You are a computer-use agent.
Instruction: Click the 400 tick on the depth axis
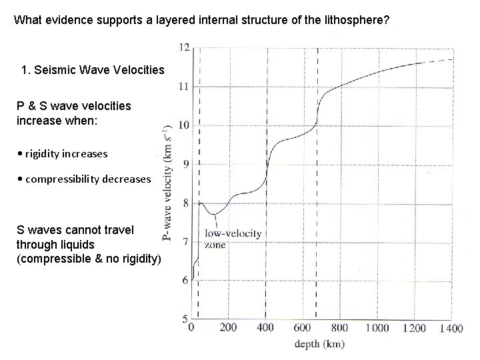pyautogui.click(x=265, y=328)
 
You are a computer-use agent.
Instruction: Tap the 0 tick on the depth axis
pyautogui.click(x=192, y=328)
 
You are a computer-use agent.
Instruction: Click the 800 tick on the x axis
pyautogui.click(x=340, y=328)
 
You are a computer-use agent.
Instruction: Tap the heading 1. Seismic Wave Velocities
pyautogui.click(x=93, y=69)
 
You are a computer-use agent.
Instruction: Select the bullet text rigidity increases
pyautogui.click(x=67, y=153)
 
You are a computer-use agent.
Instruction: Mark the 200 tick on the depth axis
pyautogui.click(x=227, y=328)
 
